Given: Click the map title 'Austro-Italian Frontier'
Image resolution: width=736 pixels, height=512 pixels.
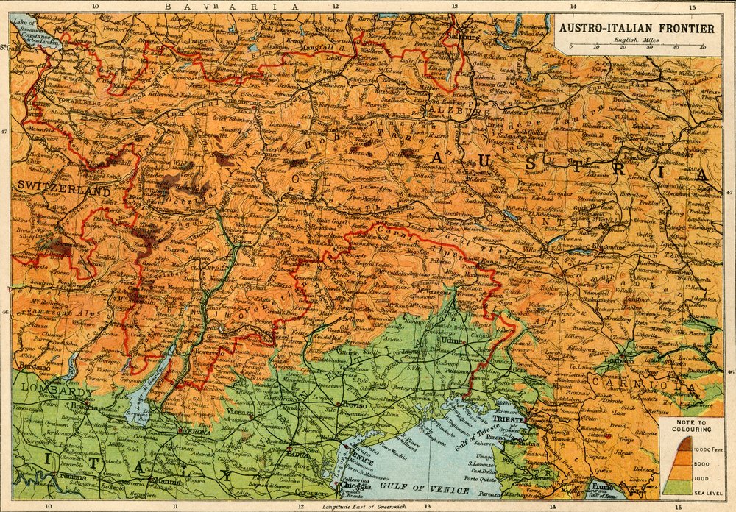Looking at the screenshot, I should point(636,29).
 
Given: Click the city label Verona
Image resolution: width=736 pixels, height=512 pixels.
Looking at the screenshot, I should point(196,432).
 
